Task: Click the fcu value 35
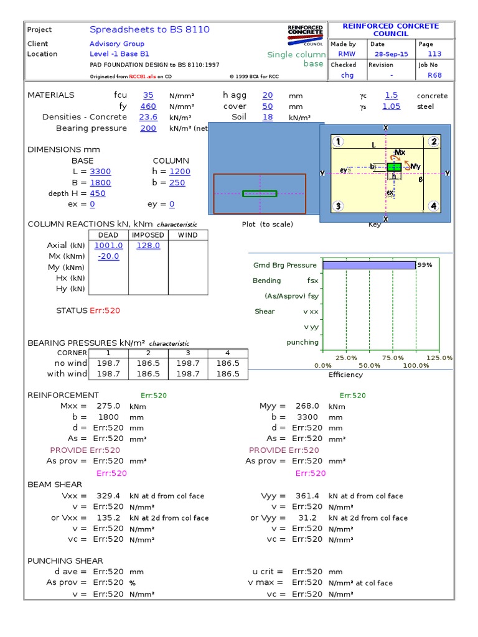point(148,95)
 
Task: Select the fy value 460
point(148,106)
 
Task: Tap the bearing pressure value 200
point(148,128)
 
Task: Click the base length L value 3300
point(101,172)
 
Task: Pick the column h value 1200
point(180,172)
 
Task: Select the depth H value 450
point(98,193)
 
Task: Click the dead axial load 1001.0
point(108,246)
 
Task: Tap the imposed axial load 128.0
point(148,246)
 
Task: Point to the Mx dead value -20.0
point(108,256)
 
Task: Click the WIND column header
point(187,235)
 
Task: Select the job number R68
point(434,75)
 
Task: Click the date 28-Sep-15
point(388,54)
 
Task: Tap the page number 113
point(434,54)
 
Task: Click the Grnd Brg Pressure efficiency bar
point(368,265)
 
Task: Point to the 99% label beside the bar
point(424,265)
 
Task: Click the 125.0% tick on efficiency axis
point(440,358)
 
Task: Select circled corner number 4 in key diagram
point(433,206)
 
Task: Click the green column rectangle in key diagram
point(394,167)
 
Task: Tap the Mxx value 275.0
point(108,406)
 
